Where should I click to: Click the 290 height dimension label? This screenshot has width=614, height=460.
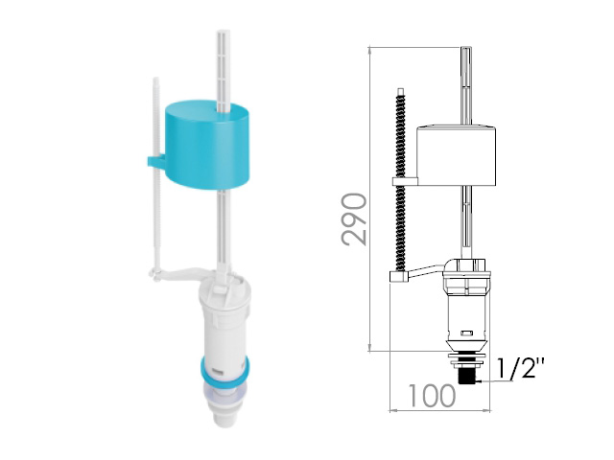point(354,219)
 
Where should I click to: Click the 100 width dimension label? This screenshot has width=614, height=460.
point(432,396)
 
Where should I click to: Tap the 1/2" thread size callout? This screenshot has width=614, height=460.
point(520,367)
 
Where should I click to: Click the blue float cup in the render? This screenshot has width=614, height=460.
point(207,146)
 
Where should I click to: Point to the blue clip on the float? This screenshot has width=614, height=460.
point(156,162)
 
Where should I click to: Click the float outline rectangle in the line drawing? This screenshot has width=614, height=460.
point(457,155)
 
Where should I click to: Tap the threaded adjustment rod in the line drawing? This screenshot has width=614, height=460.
point(401,180)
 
